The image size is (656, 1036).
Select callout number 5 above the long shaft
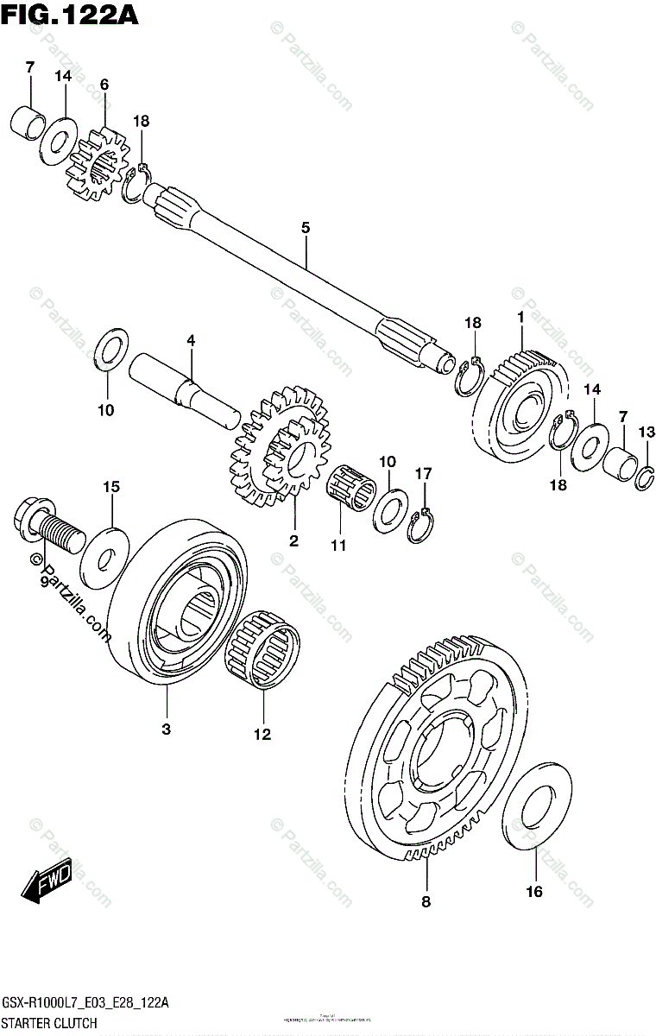click(305, 228)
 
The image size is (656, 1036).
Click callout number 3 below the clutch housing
click(166, 730)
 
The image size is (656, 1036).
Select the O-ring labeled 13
click(646, 477)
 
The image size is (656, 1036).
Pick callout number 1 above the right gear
click(520, 318)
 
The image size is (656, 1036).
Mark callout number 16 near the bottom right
click(534, 892)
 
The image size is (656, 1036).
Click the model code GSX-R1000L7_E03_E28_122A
click(85, 1002)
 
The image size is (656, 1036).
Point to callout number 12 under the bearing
click(262, 735)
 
